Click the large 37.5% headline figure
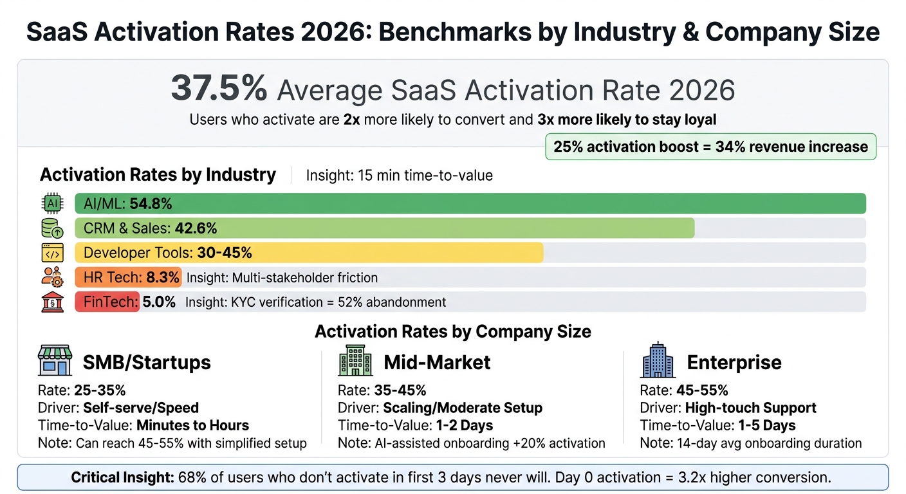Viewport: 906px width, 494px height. [x=219, y=89]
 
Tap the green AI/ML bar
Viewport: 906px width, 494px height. [x=470, y=203]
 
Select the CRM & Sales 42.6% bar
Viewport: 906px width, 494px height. [x=384, y=228]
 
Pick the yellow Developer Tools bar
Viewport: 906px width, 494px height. [x=309, y=253]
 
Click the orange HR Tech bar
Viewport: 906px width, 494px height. [x=128, y=277]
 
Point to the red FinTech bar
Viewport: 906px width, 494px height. [x=107, y=302]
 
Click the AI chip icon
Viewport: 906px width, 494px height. [x=52, y=203]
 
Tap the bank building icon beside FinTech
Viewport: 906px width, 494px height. [x=52, y=302]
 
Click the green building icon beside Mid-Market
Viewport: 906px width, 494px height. [x=355, y=360]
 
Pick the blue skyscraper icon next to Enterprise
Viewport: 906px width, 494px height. [x=658, y=360]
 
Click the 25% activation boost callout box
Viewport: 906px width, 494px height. [x=710, y=147]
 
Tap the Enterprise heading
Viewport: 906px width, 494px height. [x=734, y=362]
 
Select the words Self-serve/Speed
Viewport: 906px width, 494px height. [x=141, y=408]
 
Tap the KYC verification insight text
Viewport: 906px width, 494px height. [x=315, y=302]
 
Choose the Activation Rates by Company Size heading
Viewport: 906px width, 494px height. [x=452, y=332]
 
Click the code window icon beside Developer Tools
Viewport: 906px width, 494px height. [x=52, y=253]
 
